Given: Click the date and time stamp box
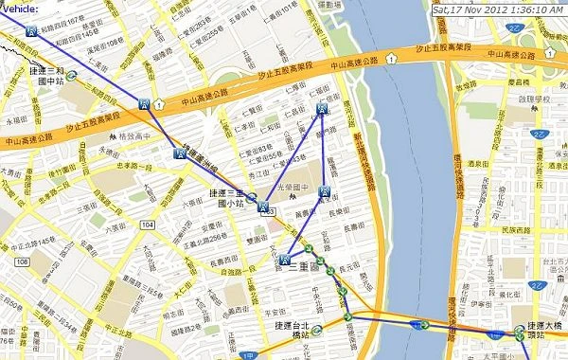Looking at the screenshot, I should pos(497,9).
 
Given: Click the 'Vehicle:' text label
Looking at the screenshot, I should pos(20,8).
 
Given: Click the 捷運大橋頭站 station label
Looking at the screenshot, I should pos(547,331).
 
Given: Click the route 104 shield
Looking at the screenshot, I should pos(146,224).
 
